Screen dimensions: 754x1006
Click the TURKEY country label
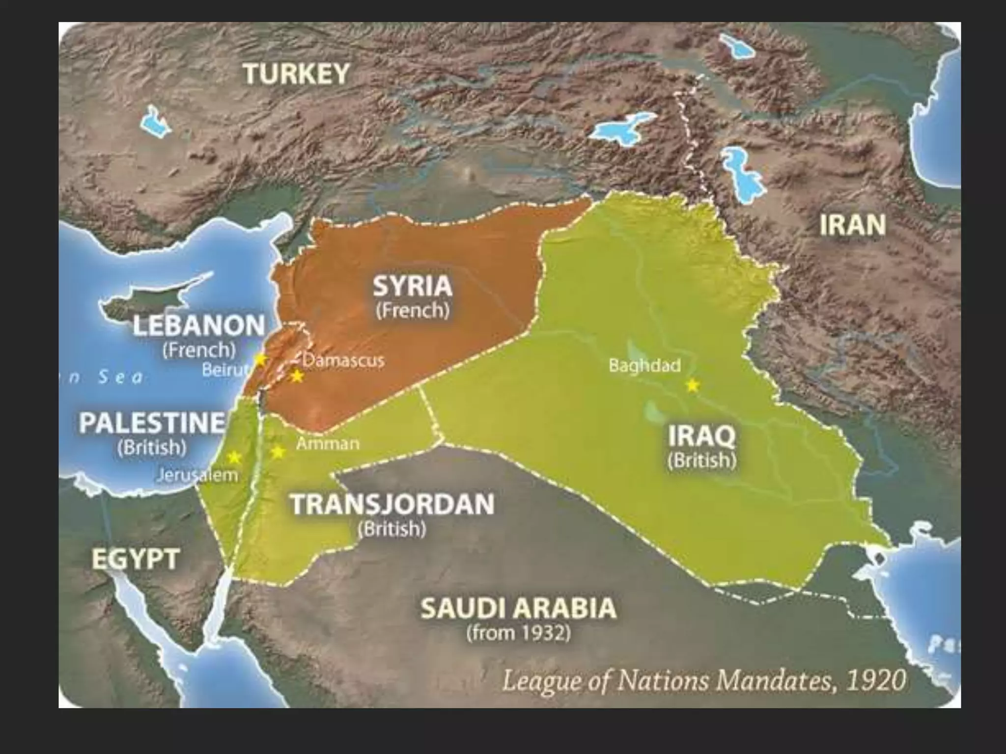coord(296,74)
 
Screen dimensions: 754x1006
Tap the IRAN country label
coord(853,225)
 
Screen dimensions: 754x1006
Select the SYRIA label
coord(412,287)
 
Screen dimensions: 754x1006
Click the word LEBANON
coord(199,326)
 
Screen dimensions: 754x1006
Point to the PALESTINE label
coord(152,423)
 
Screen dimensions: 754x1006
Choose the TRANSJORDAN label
coord(392,505)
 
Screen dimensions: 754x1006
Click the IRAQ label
coord(702,436)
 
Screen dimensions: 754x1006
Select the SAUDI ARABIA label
coord(518,609)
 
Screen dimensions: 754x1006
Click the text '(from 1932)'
coord(518,633)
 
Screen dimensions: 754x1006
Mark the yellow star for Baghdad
coord(692,385)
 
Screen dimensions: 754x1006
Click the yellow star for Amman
coord(278,451)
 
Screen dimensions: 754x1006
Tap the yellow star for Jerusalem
coord(234,458)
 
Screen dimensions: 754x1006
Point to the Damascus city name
coord(343,361)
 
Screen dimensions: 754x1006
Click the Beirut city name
coord(224,370)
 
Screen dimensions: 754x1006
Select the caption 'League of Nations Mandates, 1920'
coord(703,681)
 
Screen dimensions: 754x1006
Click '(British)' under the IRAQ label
coord(702,460)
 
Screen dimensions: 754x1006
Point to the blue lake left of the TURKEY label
coord(155,120)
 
